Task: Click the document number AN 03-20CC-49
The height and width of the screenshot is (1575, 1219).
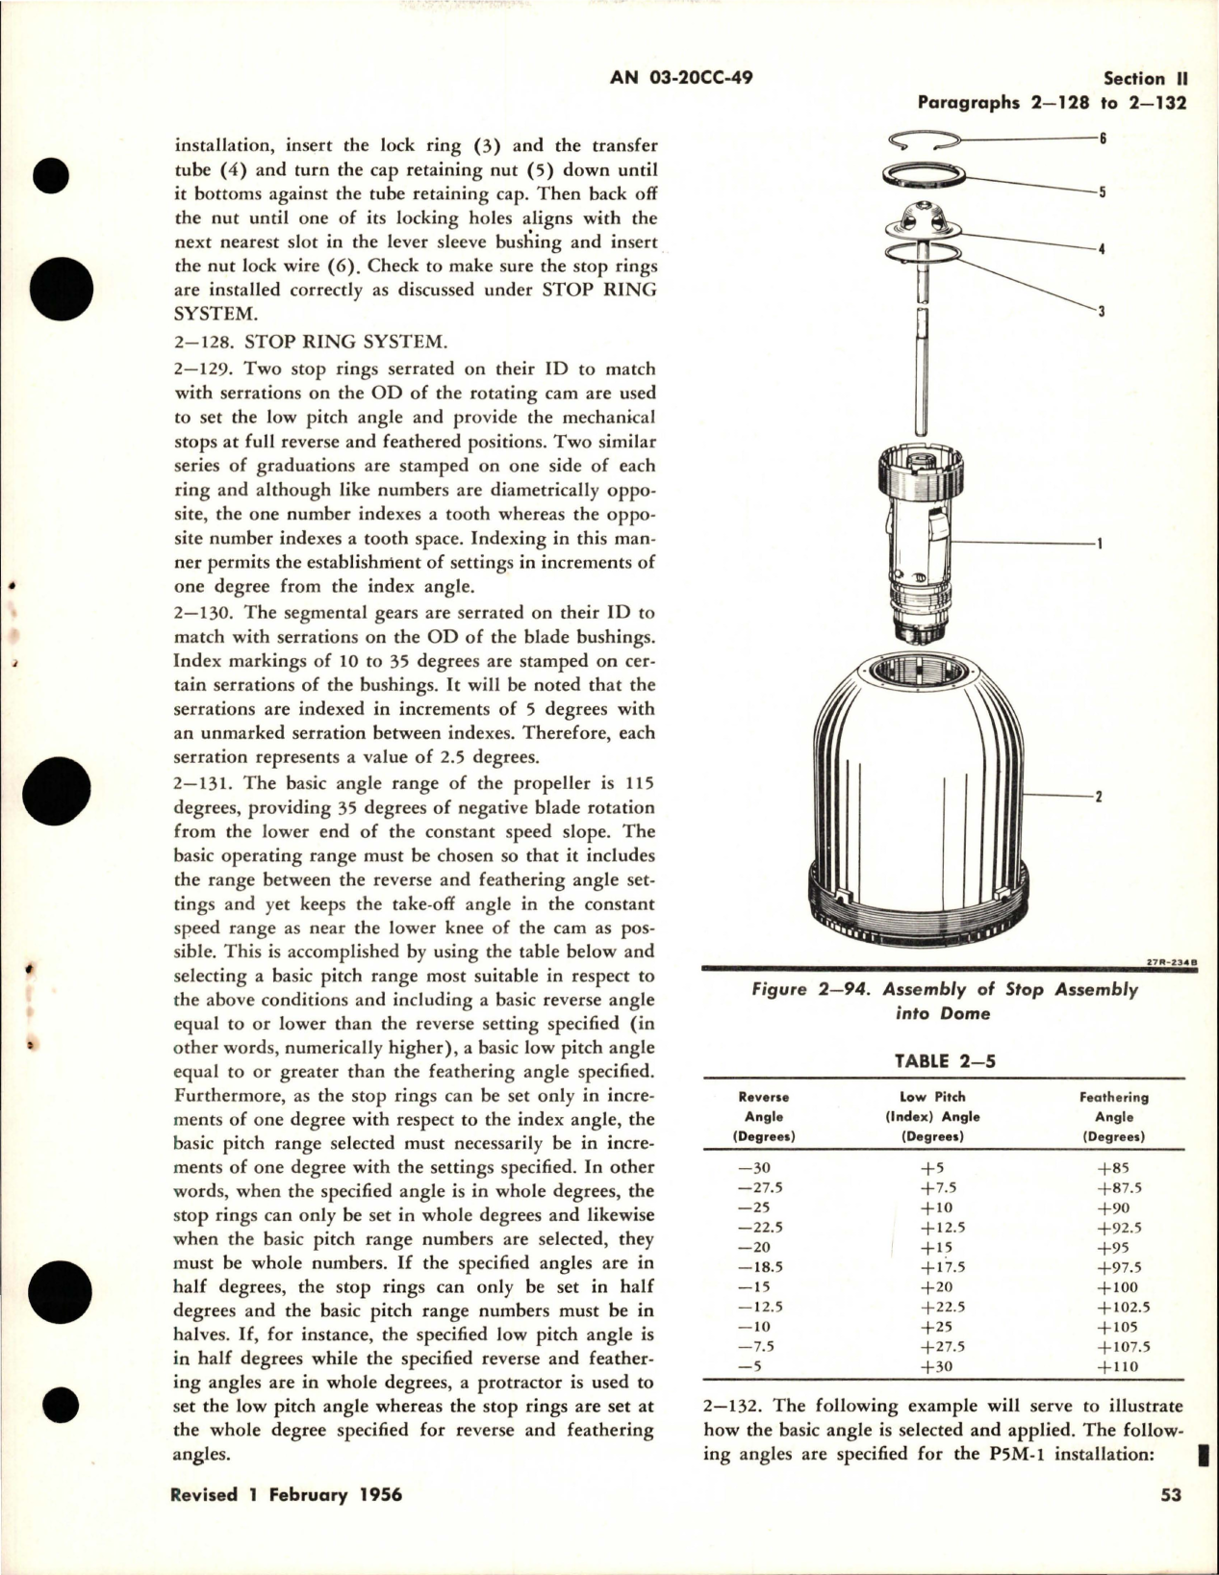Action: click(681, 78)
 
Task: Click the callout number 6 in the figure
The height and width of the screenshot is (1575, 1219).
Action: click(1103, 139)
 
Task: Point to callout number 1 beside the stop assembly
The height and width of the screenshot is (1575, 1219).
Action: click(1099, 545)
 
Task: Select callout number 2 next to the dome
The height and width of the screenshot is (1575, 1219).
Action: click(1099, 797)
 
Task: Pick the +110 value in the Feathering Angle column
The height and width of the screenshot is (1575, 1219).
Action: click(1116, 1366)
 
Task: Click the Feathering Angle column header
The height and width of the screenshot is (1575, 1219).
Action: click(1114, 1116)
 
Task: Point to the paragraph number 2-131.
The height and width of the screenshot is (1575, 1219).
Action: click(204, 784)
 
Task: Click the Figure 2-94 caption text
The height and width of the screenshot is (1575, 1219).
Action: click(945, 1001)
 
